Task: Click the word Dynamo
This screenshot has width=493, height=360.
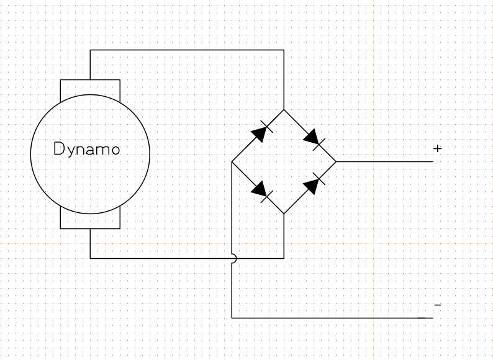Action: [87, 149]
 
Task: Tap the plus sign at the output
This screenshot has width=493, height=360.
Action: [437, 148]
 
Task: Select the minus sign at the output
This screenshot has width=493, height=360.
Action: [437, 305]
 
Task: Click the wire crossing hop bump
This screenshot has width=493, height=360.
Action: [234, 258]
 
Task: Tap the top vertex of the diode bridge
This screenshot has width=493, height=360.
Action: [284, 110]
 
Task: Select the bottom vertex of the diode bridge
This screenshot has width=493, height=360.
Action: [284, 214]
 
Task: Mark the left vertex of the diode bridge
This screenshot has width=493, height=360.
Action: [232, 161]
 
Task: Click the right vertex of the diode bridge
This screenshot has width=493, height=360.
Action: [336, 161]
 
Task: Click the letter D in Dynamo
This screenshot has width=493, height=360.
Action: [59, 148]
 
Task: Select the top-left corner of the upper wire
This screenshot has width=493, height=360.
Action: [90, 50]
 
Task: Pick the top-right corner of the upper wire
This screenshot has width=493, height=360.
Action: [284, 50]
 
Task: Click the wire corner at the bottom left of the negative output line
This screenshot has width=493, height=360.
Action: [232, 318]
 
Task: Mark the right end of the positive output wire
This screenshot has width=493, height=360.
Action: [433, 161]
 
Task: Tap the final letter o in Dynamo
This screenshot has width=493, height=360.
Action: [115, 150]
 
